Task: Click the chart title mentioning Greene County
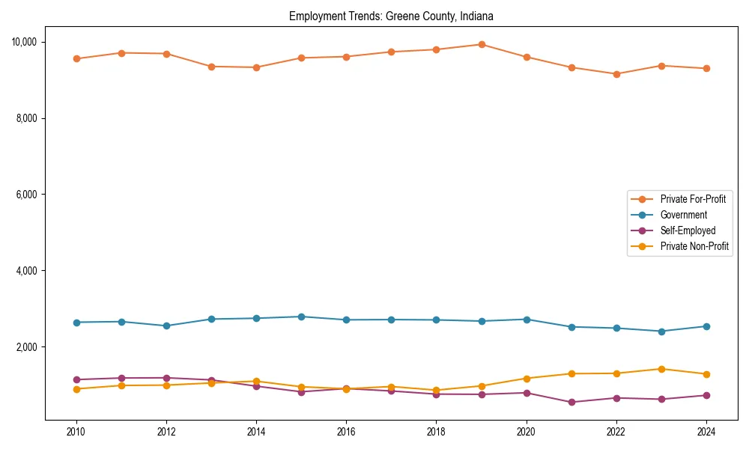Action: click(391, 16)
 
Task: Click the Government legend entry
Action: click(684, 215)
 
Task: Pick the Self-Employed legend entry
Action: click(688, 230)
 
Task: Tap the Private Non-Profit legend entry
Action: click(694, 246)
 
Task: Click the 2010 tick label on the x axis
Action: click(76, 432)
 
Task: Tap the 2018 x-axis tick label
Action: click(436, 432)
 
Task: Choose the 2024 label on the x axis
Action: click(706, 432)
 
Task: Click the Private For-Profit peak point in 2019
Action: click(482, 44)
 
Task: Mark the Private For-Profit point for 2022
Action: click(616, 74)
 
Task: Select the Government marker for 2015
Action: click(301, 317)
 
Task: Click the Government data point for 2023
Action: click(661, 332)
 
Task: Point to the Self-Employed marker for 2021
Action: click(571, 402)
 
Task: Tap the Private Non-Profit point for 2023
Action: click(661, 369)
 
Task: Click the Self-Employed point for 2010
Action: click(76, 379)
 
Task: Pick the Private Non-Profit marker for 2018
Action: click(436, 391)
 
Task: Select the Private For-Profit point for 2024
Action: click(706, 69)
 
